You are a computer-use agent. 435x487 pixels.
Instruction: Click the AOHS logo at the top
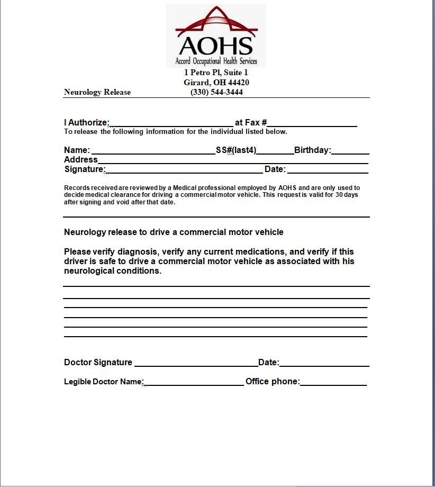[x=216, y=35]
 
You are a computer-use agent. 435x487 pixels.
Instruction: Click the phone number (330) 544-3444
[x=216, y=92]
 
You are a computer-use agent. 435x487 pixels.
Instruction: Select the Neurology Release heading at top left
[x=97, y=92]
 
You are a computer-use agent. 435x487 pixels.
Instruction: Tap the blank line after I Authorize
[x=171, y=125]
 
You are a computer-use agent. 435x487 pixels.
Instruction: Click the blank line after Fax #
[x=312, y=125]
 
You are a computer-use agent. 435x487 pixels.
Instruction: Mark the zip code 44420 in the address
[x=239, y=83]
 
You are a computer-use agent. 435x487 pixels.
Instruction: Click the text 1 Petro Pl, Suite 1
[x=216, y=73]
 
